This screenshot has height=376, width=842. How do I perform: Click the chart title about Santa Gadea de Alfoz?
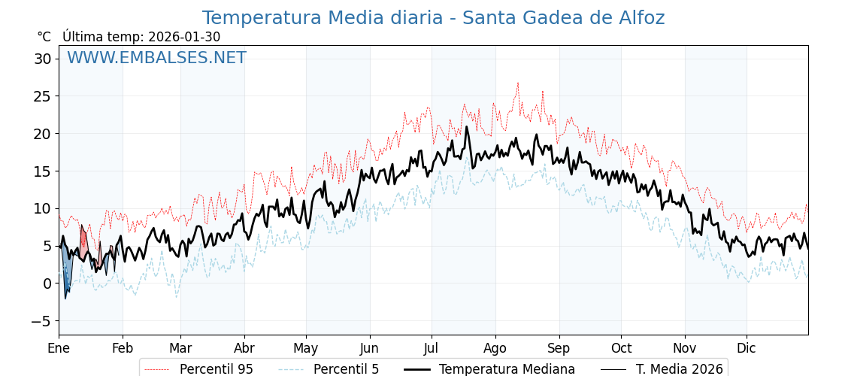[x=433, y=18]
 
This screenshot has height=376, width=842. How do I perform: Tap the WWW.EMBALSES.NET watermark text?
[x=156, y=58]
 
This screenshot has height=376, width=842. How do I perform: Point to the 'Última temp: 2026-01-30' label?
[x=141, y=37]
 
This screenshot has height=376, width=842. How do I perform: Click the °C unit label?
[x=44, y=37]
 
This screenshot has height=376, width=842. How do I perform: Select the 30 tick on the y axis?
[x=43, y=59]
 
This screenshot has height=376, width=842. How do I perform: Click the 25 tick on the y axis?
[x=43, y=96]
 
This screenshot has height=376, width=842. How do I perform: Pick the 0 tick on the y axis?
[x=47, y=284]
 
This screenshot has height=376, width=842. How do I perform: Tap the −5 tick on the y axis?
[x=43, y=321]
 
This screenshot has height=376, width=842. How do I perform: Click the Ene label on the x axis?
[x=59, y=348]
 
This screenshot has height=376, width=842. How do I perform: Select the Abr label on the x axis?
[x=244, y=348]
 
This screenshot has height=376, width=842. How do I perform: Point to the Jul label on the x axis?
[x=432, y=348]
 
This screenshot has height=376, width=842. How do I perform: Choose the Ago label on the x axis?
[x=495, y=348]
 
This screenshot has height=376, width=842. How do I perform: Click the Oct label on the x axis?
[x=621, y=348]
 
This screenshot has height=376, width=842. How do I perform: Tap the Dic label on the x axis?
[x=747, y=348]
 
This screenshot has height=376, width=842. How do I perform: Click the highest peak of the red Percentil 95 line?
[x=517, y=83]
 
